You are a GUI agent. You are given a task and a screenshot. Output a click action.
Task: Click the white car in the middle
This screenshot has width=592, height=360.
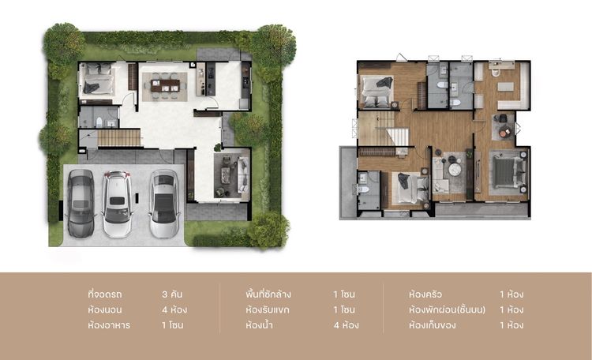117,203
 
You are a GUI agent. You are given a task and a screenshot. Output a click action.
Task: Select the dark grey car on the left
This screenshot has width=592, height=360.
81,204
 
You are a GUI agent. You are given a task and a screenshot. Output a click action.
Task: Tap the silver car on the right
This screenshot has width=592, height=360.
163,203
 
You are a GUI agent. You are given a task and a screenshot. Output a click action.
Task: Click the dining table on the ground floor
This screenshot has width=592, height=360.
166,82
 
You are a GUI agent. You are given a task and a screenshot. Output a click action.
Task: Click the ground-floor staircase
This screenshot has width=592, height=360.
119,138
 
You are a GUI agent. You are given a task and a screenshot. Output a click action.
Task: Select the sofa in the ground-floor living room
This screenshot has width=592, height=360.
242,176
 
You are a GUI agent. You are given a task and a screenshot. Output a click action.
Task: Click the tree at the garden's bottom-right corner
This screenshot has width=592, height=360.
269,229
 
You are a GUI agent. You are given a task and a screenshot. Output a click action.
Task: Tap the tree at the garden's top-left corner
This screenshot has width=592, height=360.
64,43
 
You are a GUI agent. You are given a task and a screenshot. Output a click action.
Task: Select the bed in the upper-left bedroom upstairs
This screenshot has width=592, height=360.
377,90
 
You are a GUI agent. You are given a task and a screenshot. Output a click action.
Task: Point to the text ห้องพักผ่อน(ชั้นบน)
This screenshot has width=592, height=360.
447,309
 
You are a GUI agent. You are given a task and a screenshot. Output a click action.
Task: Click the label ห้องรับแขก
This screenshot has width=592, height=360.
268,309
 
